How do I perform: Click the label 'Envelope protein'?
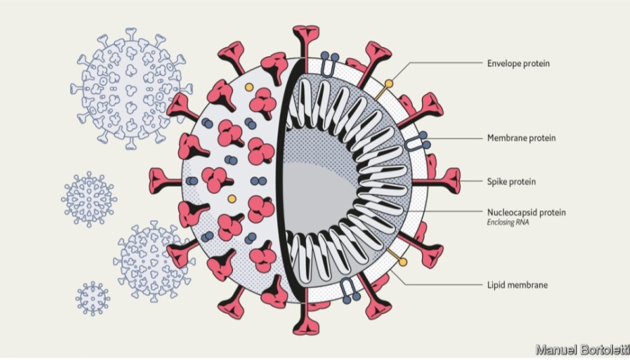519,63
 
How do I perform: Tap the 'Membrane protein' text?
521,138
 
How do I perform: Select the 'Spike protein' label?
511,182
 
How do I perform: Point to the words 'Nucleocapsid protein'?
526,212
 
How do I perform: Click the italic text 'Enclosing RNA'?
508,222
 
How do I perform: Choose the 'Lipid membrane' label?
517,285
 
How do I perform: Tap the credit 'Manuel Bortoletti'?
583,350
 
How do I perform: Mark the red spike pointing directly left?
165,181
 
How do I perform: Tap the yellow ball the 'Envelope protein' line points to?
388,84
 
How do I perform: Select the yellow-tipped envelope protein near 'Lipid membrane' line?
396,257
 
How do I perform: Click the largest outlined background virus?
130,88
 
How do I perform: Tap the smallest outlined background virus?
93,299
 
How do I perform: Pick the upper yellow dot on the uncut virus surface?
249,87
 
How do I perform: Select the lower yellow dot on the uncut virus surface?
232,199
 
